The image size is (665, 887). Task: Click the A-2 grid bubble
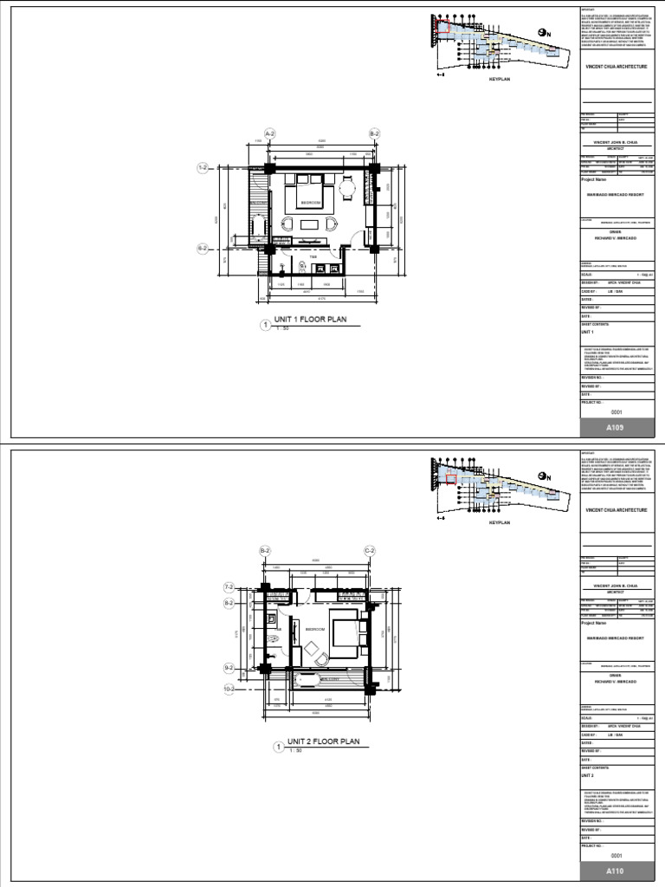pos(269,134)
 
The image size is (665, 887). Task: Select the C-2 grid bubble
pos(369,551)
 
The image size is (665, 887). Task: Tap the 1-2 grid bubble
pos(204,167)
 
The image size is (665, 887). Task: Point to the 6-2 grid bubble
pos(204,248)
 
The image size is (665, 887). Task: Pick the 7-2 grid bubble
pos(229,587)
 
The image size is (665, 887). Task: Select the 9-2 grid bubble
pos(229,668)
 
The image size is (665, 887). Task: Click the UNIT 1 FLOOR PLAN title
pos(310,320)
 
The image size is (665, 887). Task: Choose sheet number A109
pos(615,428)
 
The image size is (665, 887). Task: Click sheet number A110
pos(615,871)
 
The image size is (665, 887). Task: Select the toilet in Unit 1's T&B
pos(302,266)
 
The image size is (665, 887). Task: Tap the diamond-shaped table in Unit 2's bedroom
pos(311,645)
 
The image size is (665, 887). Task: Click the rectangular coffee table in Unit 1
pos(310,225)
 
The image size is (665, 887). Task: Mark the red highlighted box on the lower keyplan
pos(450,478)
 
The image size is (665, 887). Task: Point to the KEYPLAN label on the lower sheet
pos(500,524)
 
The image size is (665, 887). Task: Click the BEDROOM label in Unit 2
pos(313,629)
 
